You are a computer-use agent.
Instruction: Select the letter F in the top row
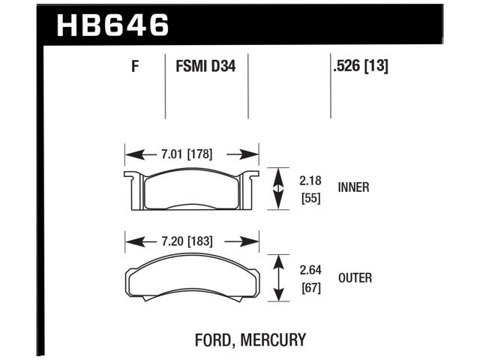click(x=135, y=67)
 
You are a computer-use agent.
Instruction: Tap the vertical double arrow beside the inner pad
click(x=280, y=189)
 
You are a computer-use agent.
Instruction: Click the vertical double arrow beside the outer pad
click(x=280, y=278)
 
